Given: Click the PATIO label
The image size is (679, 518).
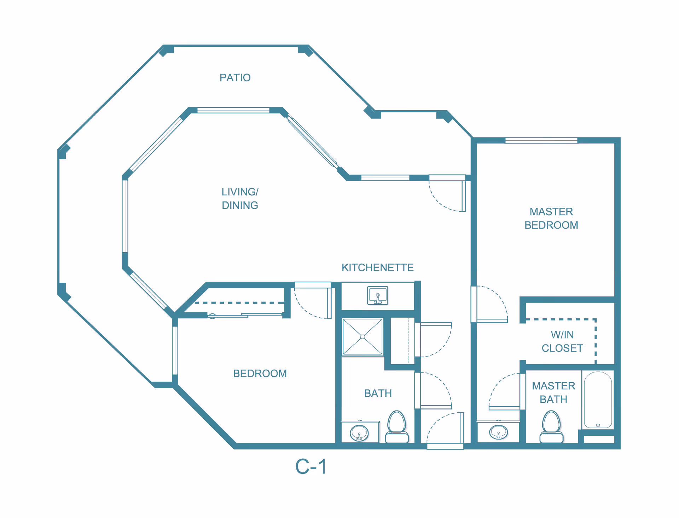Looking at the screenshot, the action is click(235, 78).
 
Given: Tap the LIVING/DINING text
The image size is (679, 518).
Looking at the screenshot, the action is click(240, 198).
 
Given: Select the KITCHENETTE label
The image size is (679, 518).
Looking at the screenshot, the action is click(377, 267).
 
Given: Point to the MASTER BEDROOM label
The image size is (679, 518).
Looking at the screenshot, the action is click(551, 218).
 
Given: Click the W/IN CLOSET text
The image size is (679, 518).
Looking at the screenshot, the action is click(562, 341).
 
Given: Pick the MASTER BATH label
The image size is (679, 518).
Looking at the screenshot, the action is click(553, 393).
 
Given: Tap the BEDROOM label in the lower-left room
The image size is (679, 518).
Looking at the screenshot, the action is click(260, 373).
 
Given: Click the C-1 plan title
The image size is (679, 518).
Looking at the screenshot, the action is click(311, 466).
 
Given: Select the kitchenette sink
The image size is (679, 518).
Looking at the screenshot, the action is click(377, 295).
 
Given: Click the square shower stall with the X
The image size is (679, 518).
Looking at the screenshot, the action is click(362, 337).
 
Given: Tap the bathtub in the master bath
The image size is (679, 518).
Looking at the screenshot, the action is click(598, 400).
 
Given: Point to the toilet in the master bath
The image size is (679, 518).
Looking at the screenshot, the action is click(551, 426).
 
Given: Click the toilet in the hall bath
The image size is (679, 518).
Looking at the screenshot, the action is click(396, 426).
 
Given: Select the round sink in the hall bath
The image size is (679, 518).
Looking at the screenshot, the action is click(359, 433).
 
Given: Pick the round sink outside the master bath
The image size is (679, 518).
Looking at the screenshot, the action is click(498, 432).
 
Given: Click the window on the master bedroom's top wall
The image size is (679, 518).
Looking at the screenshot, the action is click(541, 140).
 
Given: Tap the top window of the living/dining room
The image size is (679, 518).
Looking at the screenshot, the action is click(233, 110).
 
